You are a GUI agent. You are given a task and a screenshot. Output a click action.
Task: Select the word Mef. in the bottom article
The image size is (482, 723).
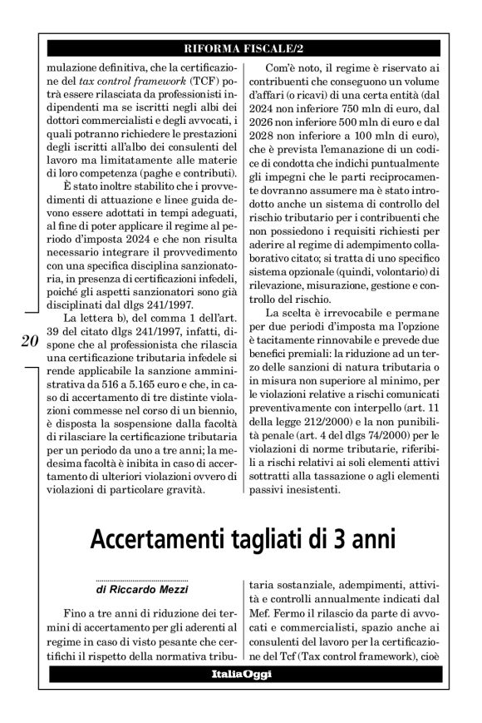263,617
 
